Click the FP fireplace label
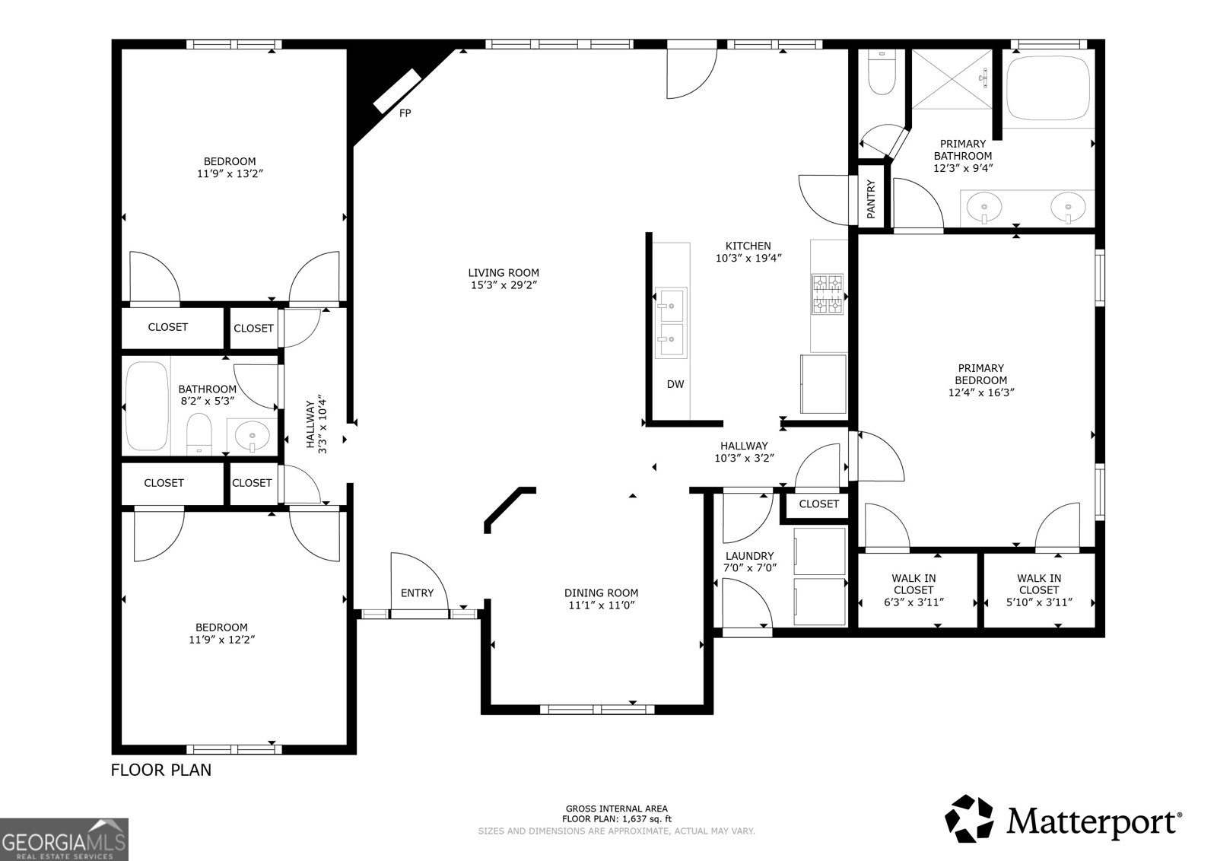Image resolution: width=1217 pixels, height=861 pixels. coord(405,113)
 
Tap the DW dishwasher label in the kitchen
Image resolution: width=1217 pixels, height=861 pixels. coord(675,384)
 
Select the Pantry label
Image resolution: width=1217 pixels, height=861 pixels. coord(872,199)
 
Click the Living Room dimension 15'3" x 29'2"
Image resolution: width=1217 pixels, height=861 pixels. coord(504,285)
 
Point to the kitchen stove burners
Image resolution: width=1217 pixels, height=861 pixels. coord(828,294)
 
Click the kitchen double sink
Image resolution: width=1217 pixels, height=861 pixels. coord(671,322)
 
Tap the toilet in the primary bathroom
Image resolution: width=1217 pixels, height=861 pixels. coord(882,73)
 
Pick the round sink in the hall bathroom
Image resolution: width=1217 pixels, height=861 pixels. coord(253,437)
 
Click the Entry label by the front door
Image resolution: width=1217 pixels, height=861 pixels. coord(417,593)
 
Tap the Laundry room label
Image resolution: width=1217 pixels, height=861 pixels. coord(749,556)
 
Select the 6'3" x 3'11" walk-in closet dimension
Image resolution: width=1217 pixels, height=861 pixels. coord(914,602)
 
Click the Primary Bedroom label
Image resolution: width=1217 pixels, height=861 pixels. coord(980,373)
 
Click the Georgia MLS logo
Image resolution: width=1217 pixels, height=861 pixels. coord(64,839)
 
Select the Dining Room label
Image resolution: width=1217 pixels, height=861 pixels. coord(601,593)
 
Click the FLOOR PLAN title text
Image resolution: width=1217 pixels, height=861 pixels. coord(161,770)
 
